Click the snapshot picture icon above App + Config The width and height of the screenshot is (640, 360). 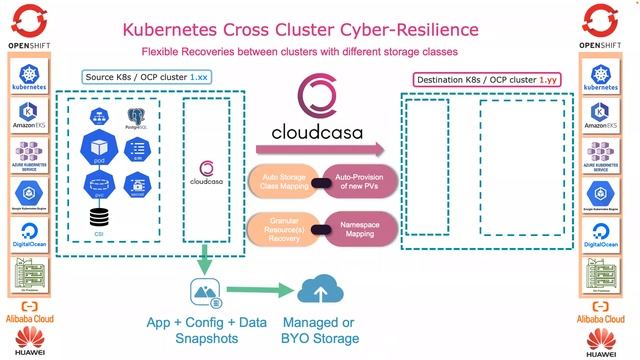point(204,294)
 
